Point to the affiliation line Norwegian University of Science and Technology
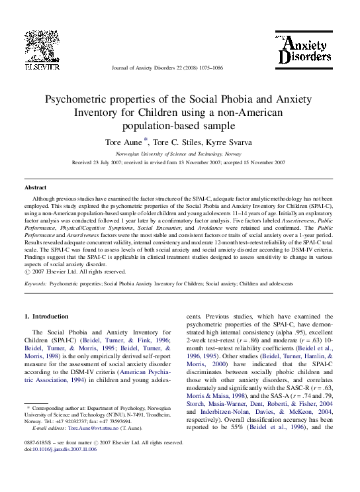[179, 153]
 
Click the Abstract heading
[35, 188]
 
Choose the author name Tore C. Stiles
[181, 142]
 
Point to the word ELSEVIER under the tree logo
[42, 66]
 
